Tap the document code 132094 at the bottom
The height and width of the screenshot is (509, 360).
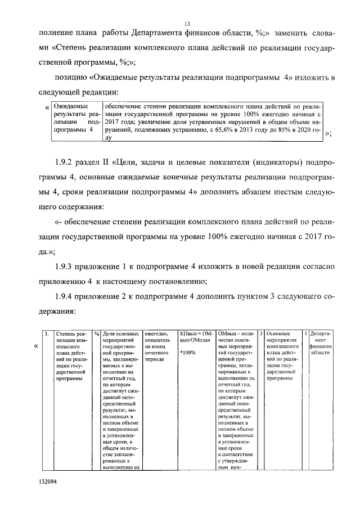pos(48,481)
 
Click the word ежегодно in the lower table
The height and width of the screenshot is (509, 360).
pos(156,334)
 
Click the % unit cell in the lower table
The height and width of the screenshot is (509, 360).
pos(97,334)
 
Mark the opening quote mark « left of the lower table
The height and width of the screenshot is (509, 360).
pos(37,346)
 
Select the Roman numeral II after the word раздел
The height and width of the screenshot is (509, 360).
pos(104,163)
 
